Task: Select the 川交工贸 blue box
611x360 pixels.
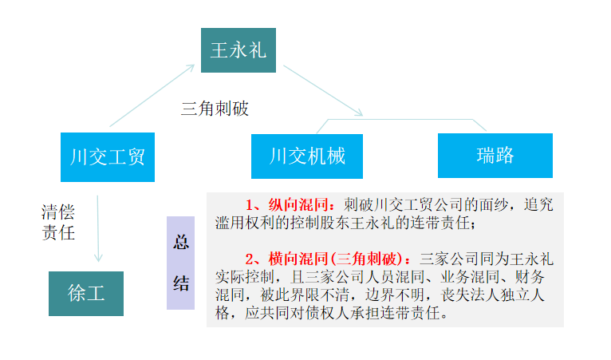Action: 107,156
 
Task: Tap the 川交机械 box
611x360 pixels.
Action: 307,156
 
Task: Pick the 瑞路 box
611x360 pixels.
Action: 495,155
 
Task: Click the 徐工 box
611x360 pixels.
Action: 86,293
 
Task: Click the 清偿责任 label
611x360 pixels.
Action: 57,222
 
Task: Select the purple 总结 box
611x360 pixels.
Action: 180,263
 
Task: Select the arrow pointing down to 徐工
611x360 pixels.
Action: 97,227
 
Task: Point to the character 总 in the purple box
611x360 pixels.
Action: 181,243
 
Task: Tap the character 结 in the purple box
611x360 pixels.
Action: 181,283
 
